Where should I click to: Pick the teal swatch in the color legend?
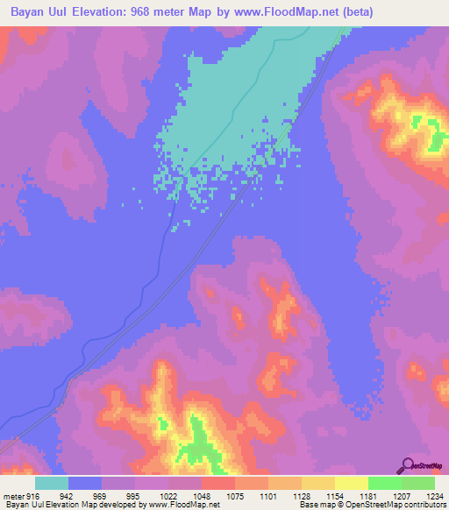pos(52,483)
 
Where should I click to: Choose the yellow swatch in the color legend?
pos(351,483)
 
